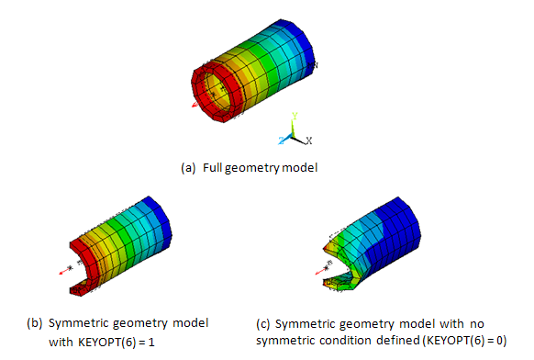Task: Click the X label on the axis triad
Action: [x=309, y=141]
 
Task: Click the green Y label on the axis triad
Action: [x=294, y=117]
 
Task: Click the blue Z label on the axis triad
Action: [x=281, y=140]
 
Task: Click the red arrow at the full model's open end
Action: [x=195, y=105]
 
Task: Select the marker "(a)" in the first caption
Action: [x=188, y=168]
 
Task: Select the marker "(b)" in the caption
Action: [x=34, y=323]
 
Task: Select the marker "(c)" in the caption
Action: [x=262, y=323]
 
